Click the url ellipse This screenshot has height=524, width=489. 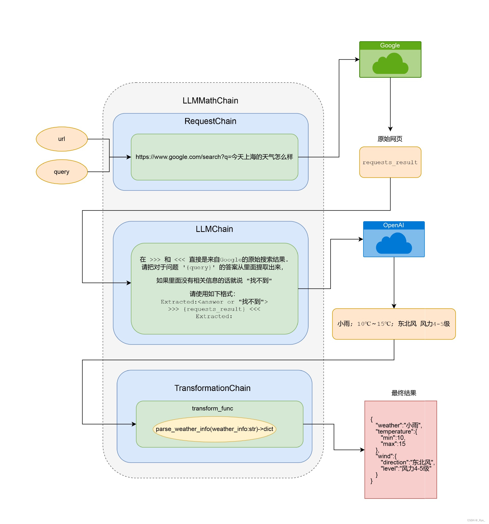coord(62,139)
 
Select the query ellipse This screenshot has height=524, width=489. coord(62,172)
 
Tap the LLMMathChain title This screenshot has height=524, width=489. coord(210,101)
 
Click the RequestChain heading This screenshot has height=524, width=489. coord(210,121)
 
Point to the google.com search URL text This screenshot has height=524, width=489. coord(214,157)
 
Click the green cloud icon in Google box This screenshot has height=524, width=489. coord(390,64)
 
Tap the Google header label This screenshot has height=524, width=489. coord(390,46)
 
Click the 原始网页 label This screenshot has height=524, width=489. coord(390,139)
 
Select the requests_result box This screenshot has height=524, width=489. coord(390,162)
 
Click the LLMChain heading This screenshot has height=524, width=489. coord(214,229)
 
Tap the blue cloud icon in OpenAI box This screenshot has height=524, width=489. coord(394,244)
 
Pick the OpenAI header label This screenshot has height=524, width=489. coord(394,225)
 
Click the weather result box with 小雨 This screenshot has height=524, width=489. coord(394,324)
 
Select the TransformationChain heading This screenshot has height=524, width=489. coord(212,388)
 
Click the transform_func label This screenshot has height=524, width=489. coord(212,409)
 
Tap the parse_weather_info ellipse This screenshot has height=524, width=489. coord(214,429)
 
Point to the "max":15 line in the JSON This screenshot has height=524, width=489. coord(393,444)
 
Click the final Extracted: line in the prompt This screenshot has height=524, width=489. coord(214,317)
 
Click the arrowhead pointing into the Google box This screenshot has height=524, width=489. coord(358,60)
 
